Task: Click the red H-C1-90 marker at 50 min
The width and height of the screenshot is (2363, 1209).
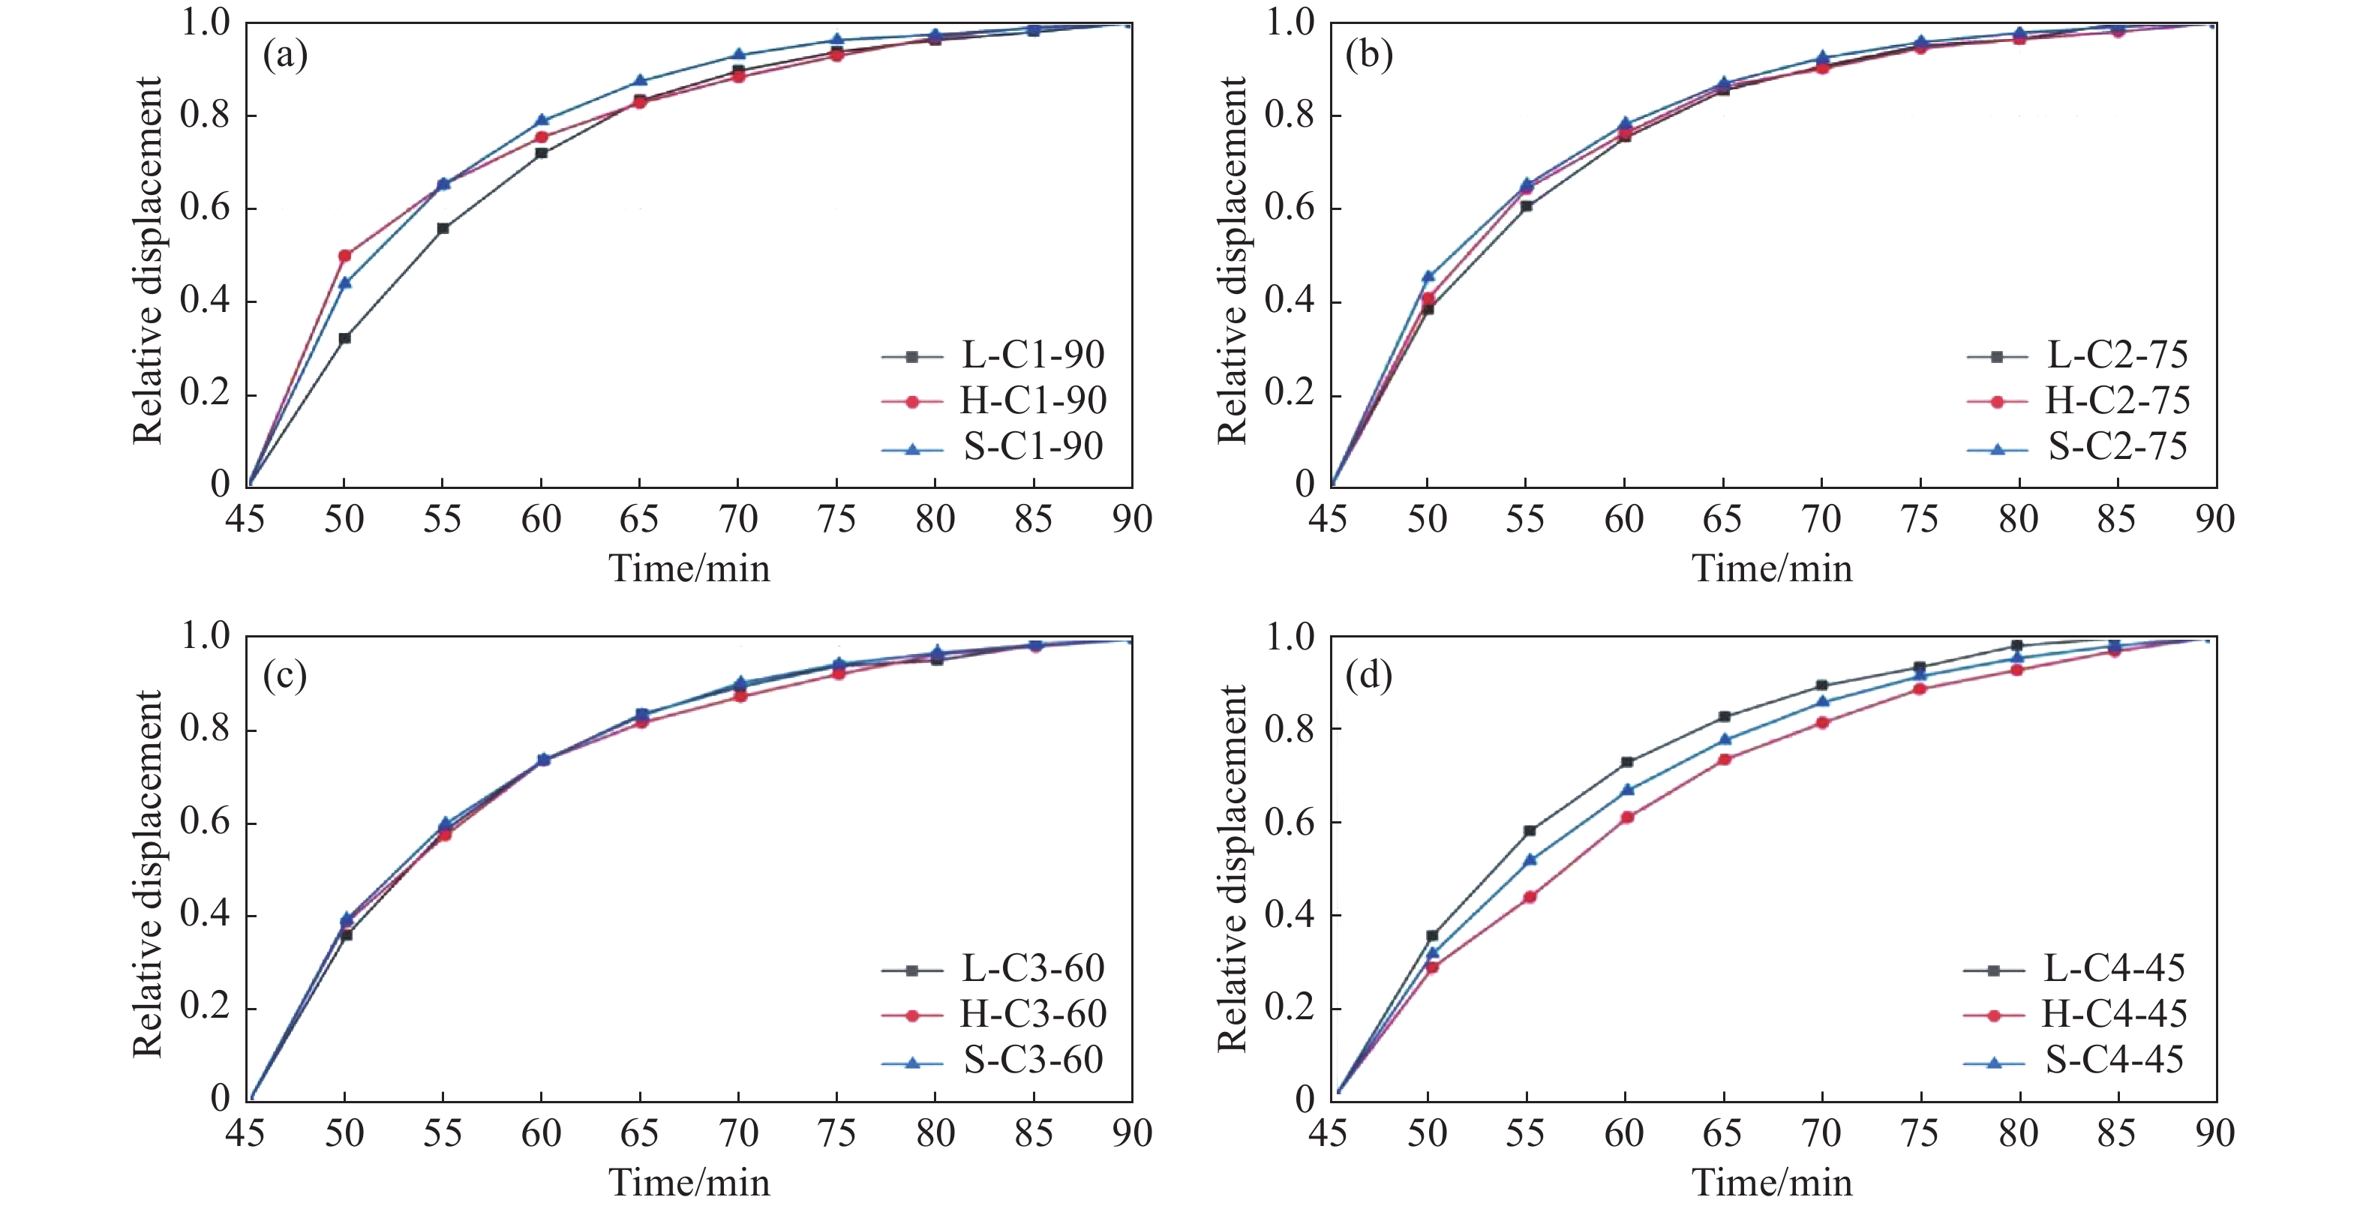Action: coord(345,256)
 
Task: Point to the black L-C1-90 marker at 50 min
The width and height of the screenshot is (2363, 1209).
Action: coord(345,338)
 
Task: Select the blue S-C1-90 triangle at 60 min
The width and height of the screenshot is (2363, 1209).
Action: coord(541,120)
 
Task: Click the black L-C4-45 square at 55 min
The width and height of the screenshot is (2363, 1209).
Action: coord(1529,831)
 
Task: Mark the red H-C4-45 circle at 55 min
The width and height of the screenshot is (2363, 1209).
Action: coord(1529,897)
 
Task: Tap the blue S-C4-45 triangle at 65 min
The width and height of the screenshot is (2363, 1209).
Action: coord(1725,739)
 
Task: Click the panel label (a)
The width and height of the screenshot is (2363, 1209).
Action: coord(285,56)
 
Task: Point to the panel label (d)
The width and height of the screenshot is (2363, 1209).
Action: coord(1368,676)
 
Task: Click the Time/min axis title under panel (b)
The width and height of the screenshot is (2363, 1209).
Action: coord(1771,568)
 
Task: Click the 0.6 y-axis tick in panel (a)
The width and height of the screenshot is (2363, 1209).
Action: coord(205,208)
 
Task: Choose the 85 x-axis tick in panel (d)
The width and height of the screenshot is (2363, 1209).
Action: coord(2116,1134)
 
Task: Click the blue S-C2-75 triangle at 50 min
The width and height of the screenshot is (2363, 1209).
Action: coord(1428,276)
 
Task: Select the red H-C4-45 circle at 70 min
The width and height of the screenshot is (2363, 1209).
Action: coord(1823,723)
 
